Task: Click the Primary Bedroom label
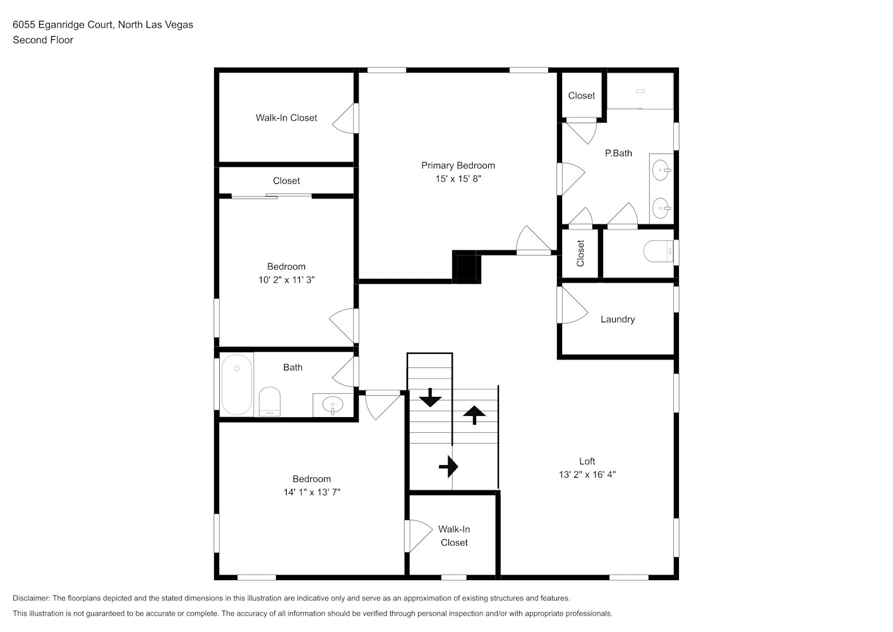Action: click(x=458, y=166)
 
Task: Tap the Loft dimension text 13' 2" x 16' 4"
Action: click(x=587, y=475)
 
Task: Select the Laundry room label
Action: click(x=618, y=319)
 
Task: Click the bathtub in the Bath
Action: click(x=237, y=385)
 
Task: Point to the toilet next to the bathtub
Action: click(x=270, y=401)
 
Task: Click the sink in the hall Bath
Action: click(x=332, y=405)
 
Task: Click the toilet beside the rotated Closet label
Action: click(x=659, y=251)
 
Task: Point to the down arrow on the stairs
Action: click(x=430, y=398)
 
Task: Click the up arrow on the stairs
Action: click(x=474, y=415)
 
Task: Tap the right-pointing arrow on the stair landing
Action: click(x=448, y=466)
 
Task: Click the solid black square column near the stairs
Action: click(x=467, y=267)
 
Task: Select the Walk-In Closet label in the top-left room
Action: click(x=286, y=118)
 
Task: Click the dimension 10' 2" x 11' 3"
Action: click(x=286, y=280)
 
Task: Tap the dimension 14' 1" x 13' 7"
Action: click(x=312, y=492)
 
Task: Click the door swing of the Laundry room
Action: click(x=573, y=305)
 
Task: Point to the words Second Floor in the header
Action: click(x=43, y=40)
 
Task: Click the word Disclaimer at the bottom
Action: click(x=31, y=598)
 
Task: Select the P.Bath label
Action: click(x=618, y=153)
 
